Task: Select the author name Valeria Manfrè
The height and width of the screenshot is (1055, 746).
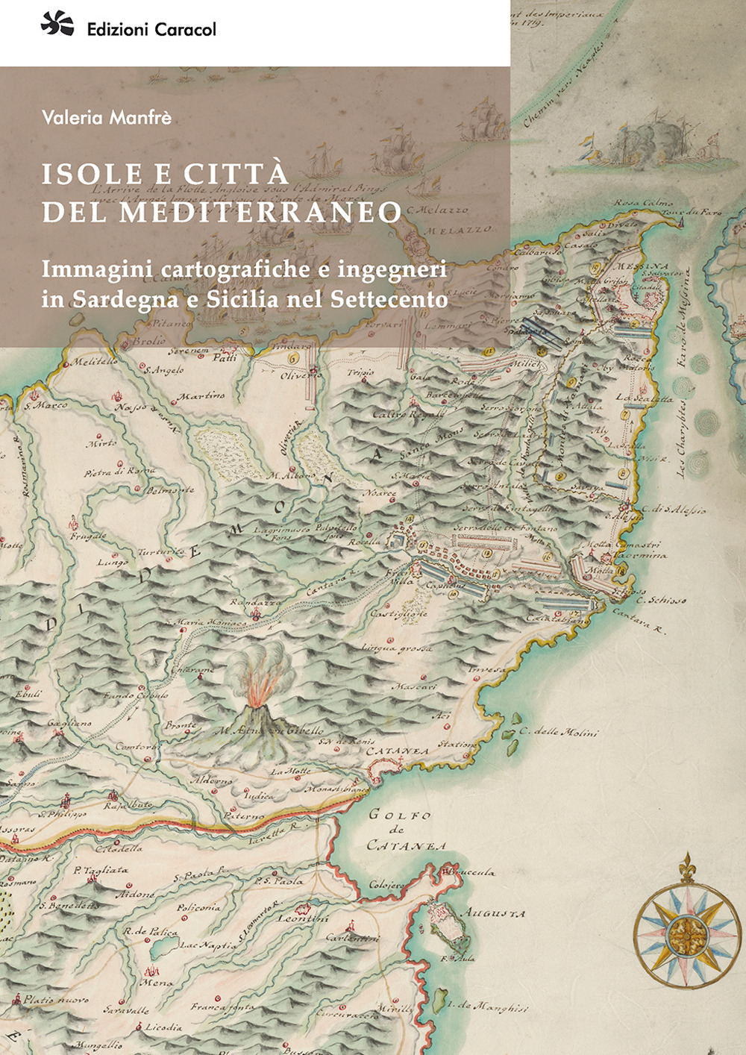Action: (x=107, y=117)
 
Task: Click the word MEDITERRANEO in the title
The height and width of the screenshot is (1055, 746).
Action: (x=260, y=212)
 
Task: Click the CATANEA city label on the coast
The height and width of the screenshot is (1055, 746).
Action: (x=397, y=751)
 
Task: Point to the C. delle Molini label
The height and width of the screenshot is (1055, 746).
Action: (x=559, y=732)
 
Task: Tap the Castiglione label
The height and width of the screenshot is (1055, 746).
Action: (x=399, y=613)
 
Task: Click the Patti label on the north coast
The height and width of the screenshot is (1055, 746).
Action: (x=225, y=358)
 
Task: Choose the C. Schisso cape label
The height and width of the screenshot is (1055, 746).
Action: (x=661, y=599)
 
